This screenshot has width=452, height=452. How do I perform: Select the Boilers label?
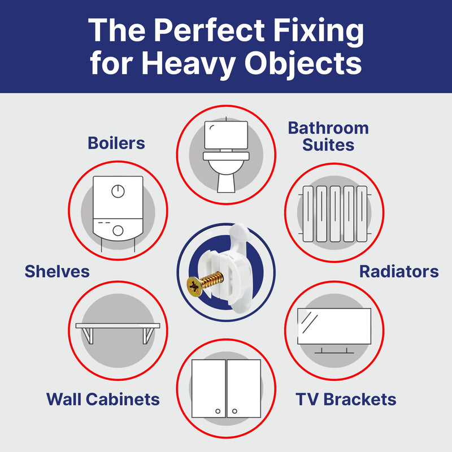click(x=116, y=144)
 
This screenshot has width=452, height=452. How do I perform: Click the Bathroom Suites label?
click(x=328, y=136)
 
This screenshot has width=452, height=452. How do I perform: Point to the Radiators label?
click(x=399, y=272)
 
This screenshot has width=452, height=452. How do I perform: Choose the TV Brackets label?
click(x=346, y=400)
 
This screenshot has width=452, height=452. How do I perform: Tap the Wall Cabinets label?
click(x=103, y=400)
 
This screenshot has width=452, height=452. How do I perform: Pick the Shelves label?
click(x=57, y=272)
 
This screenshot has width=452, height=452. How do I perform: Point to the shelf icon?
click(x=118, y=331)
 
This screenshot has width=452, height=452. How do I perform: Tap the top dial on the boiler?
click(x=118, y=191)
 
